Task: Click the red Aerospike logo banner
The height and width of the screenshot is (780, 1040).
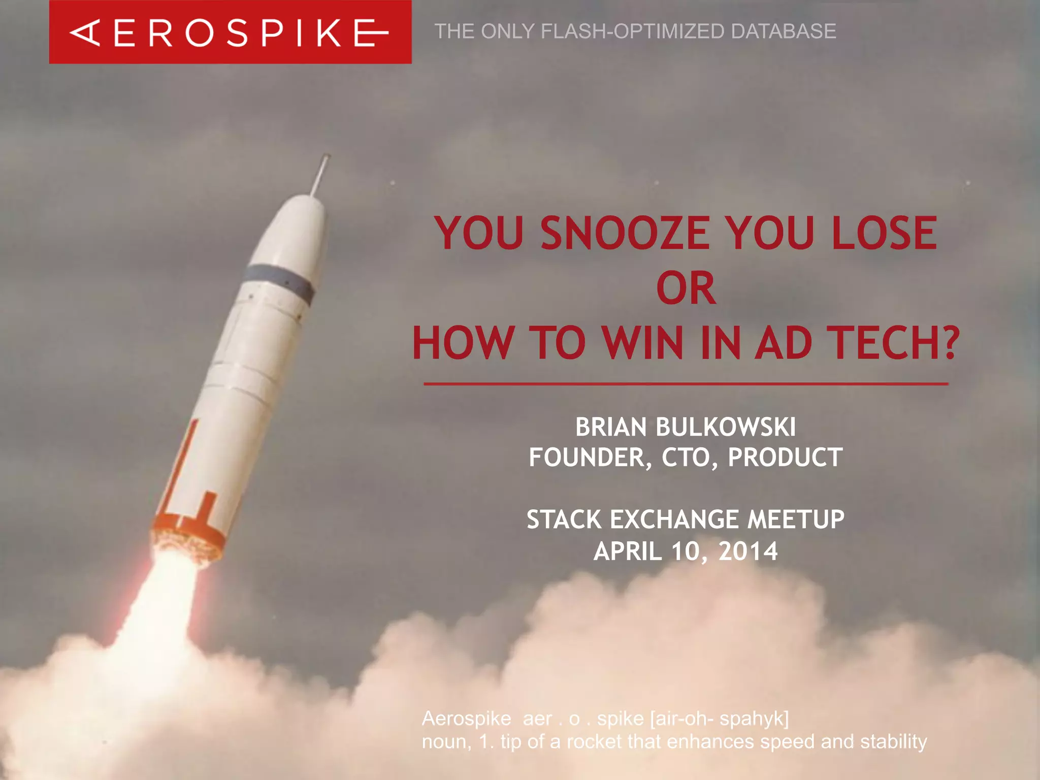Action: pos(230,32)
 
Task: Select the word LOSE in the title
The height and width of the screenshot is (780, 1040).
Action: pos(884,233)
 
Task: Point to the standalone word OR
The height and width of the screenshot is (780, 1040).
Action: pos(686,288)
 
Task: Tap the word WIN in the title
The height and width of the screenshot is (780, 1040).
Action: pos(643,343)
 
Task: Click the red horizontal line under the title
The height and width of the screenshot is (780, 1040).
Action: pos(686,384)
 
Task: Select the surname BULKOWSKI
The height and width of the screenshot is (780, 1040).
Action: pos(726,427)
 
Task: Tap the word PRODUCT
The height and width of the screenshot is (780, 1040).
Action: pos(785,458)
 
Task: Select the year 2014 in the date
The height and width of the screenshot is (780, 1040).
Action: pos(747,551)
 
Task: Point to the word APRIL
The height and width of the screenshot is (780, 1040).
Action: pos(628,551)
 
